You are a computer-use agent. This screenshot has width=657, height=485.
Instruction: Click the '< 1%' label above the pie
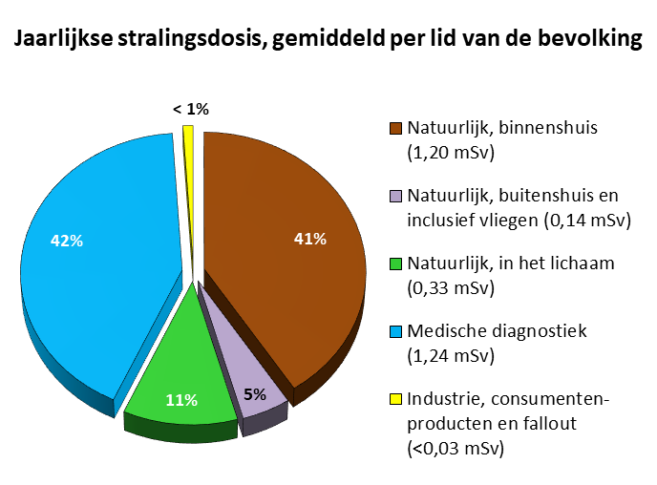coord(190,110)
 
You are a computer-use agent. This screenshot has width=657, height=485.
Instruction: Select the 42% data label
coord(66,241)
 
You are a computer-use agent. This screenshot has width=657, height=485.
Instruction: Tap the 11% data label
coord(180,399)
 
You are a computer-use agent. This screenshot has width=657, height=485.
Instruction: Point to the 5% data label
coord(253,393)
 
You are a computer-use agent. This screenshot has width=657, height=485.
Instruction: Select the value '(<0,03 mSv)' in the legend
coord(455,446)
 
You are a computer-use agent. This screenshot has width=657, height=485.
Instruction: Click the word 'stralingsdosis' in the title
coord(183,40)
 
